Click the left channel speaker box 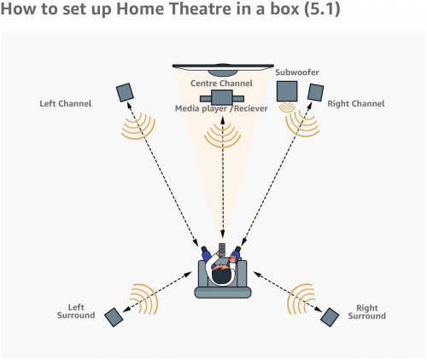point(126,91)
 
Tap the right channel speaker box point(314,92)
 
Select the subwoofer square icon point(287,90)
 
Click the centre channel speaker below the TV point(221,99)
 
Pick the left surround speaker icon point(114,316)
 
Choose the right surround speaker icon point(329,316)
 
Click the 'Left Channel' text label point(66,104)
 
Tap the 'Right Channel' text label point(356,104)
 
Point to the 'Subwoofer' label point(298,73)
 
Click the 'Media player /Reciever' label point(221,109)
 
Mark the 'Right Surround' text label point(367,311)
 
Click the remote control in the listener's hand point(222,251)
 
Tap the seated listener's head point(221,275)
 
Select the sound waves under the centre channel point(221,132)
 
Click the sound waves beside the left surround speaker point(141,298)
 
